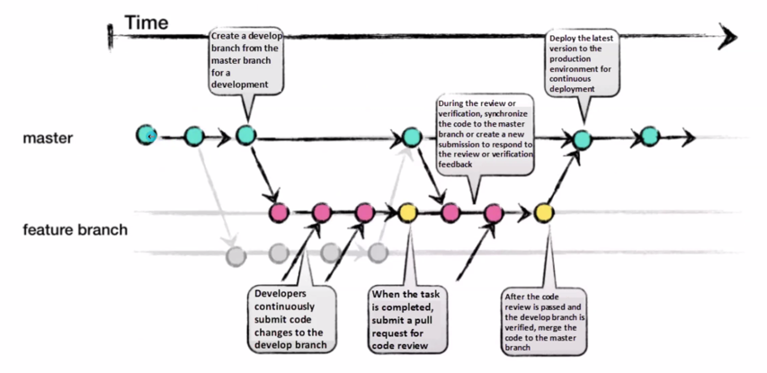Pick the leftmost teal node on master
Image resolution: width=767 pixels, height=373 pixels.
146,136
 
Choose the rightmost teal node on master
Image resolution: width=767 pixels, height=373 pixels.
649,138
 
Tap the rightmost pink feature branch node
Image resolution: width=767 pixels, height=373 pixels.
493,213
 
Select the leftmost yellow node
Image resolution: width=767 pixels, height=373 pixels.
407,213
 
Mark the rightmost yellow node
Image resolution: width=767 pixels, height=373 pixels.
543,213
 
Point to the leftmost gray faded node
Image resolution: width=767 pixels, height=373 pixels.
235,254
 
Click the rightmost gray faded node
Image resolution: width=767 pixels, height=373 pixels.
377,253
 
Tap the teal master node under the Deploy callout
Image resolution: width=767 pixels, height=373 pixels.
581,138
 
